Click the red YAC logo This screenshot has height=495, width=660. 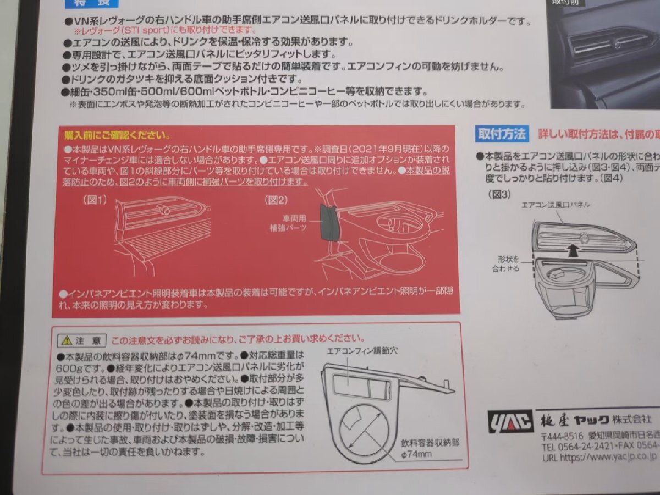(x=510, y=421)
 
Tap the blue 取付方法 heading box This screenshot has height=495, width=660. (x=502, y=133)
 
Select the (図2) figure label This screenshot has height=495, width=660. (x=277, y=200)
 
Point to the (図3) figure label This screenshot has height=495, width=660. (x=499, y=194)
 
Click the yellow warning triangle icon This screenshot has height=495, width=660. (x=67, y=340)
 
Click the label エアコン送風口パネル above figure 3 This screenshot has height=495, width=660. (x=555, y=204)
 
